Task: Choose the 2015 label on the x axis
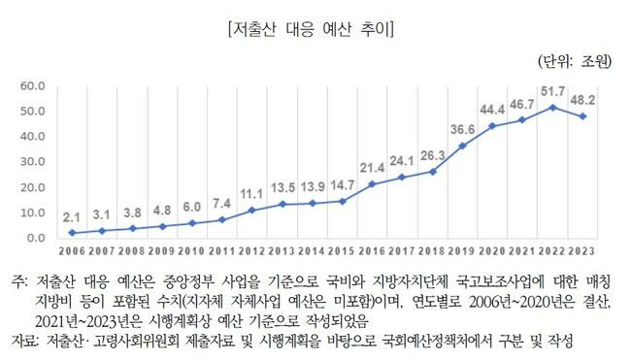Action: (342, 250)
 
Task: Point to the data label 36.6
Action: (463, 128)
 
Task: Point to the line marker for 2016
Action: (373, 183)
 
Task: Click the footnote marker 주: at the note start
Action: (20, 280)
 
